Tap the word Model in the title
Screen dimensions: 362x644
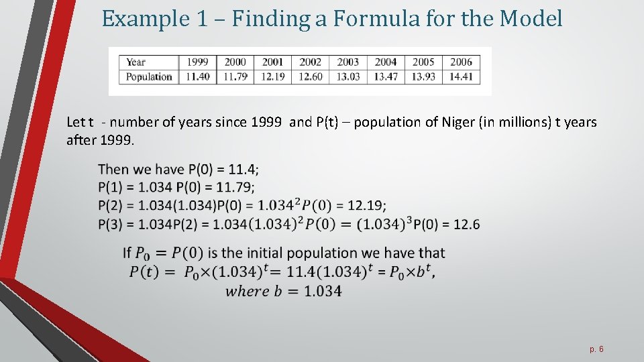531,19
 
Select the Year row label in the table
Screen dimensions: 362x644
136,62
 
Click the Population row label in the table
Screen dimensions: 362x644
149,76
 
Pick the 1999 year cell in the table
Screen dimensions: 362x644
197,62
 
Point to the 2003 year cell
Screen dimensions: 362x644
348,62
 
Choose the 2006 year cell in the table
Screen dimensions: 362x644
461,62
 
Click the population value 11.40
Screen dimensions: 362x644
197,76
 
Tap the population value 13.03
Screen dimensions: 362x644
348,76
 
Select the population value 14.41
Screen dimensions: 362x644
461,76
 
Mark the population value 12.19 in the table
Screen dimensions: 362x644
273,76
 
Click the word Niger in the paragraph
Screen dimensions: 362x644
458,123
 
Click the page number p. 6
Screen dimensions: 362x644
597,349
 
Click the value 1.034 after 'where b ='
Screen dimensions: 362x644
322,291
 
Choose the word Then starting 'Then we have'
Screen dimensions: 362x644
113,169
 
